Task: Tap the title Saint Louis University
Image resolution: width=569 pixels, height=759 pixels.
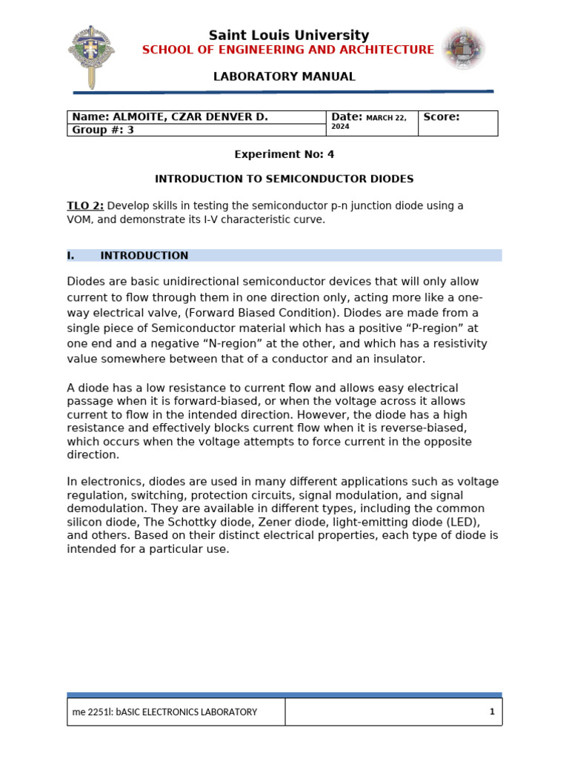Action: (x=288, y=36)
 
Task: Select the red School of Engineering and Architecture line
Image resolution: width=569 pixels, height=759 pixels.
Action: (x=288, y=50)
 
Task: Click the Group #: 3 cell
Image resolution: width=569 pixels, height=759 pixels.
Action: (x=103, y=130)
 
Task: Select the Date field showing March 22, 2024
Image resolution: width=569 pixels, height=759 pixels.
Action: (x=371, y=122)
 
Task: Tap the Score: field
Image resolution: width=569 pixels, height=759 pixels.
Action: (x=442, y=117)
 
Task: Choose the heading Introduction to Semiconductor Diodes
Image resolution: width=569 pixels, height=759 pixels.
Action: (x=284, y=179)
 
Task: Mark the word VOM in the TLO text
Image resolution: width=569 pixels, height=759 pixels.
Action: (x=79, y=219)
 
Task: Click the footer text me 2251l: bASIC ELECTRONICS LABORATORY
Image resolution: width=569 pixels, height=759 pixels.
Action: (x=164, y=712)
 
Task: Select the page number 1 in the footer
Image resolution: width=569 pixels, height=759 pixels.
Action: (x=491, y=712)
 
